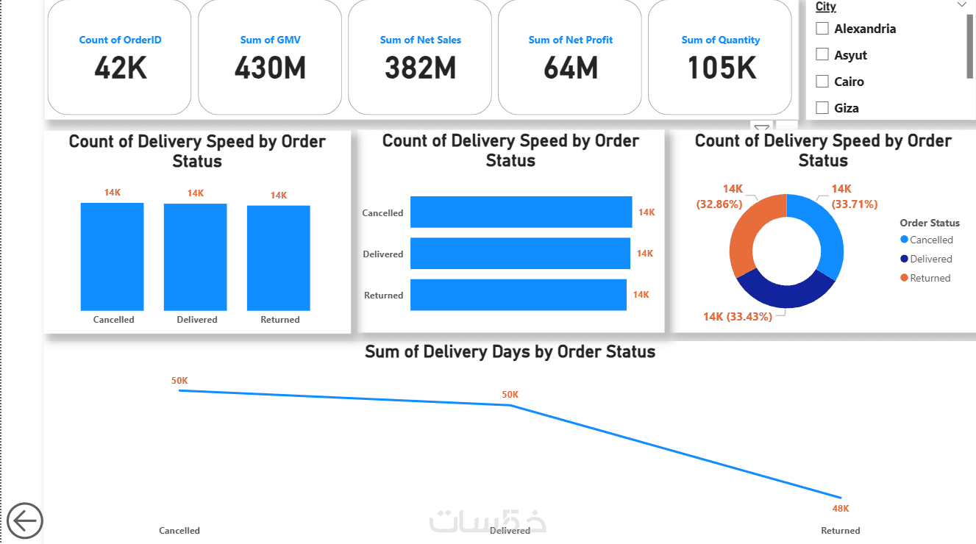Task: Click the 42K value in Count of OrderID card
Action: tap(121, 68)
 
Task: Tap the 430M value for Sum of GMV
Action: tap(270, 68)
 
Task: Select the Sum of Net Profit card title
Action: tap(570, 40)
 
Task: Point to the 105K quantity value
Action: tap(721, 68)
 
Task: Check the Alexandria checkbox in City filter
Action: tap(822, 29)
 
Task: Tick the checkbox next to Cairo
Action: tap(822, 82)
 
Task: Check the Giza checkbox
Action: tap(822, 108)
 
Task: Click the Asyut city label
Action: tap(850, 55)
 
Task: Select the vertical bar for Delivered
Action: tap(195, 257)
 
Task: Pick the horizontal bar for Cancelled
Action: tap(521, 212)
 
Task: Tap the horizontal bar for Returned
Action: tap(518, 294)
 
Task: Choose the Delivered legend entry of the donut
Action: tap(930, 259)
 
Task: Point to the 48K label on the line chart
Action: tap(841, 508)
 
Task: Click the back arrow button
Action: tap(25, 521)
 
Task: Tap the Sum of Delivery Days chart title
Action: tap(510, 351)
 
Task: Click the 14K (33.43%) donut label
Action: tap(737, 316)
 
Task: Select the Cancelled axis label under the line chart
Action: tap(179, 530)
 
